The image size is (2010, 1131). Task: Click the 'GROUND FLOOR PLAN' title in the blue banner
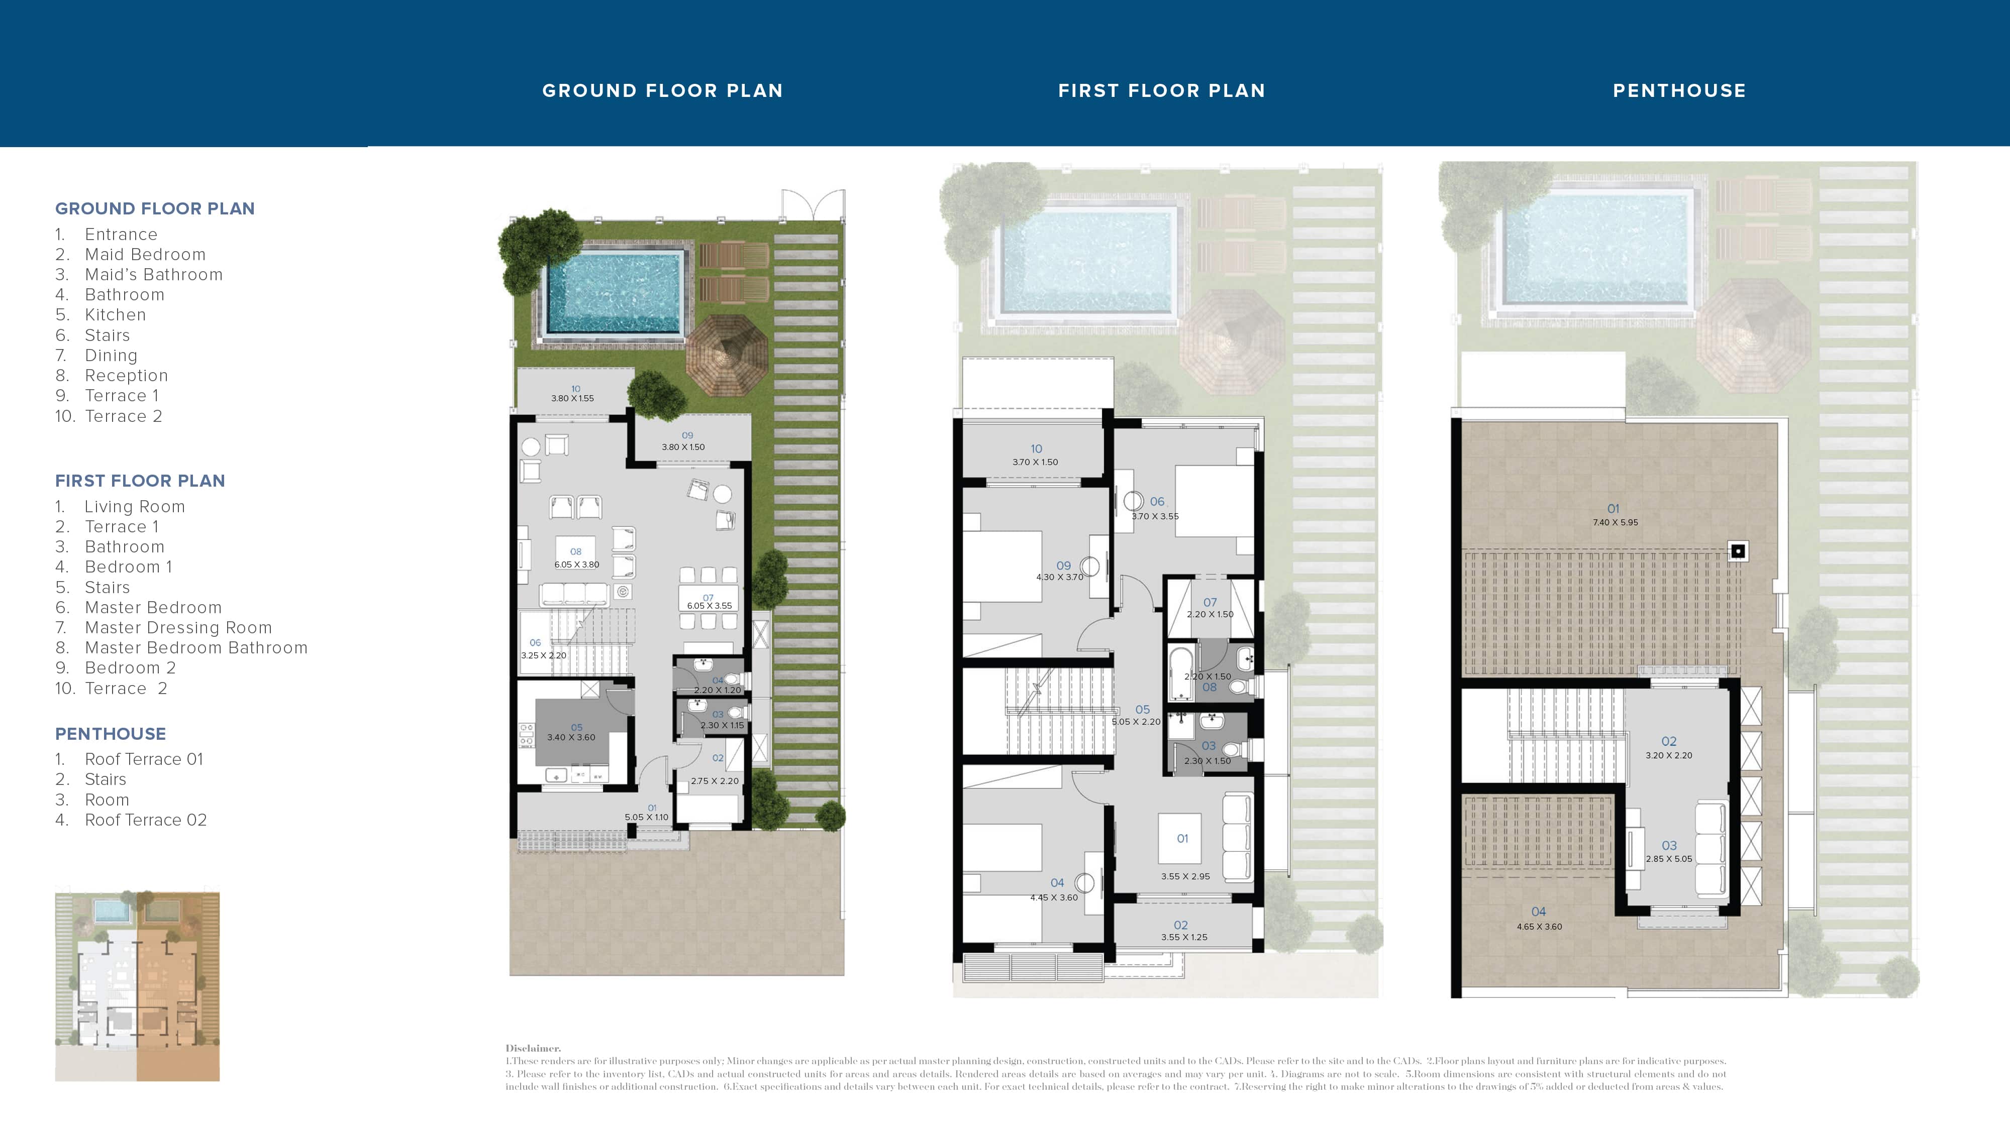(662, 90)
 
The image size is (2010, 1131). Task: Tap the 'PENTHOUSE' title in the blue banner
(1679, 90)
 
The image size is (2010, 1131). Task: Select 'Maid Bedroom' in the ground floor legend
(145, 254)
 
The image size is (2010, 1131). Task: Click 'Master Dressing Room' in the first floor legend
(178, 627)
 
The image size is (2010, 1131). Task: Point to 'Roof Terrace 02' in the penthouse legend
(145, 820)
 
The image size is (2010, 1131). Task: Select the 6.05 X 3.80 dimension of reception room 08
(577, 564)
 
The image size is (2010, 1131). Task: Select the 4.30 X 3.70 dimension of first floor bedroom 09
(1060, 577)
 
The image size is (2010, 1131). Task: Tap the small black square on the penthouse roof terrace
(1737, 551)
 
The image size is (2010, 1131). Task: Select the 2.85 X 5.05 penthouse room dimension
(1668, 859)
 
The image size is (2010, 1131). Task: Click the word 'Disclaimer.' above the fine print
(533, 1048)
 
